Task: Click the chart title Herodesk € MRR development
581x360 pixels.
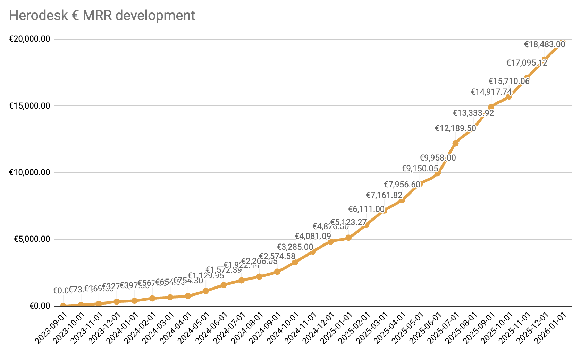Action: tap(102, 16)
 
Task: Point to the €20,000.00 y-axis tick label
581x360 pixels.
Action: tap(30, 39)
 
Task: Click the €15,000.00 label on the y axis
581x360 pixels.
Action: tap(30, 106)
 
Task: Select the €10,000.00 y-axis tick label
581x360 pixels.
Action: tap(30, 172)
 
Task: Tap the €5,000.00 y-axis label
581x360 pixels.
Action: tap(32, 239)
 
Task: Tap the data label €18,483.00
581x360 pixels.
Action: tap(545, 44)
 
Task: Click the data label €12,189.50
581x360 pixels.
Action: tap(455, 129)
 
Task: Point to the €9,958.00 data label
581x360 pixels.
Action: tap(438, 158)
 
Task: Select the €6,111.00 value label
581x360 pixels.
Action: tap(366, 209)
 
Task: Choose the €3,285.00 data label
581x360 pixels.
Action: tap(295, 247)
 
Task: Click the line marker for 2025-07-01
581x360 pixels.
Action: tap(455, 143)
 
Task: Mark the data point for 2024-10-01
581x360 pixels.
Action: tap(295, 262)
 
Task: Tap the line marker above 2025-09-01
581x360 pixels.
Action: tap(491, 107)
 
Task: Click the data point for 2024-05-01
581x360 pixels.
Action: tap(206, 291)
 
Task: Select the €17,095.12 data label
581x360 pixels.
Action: tap(527, 63)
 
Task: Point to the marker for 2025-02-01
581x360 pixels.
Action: tap(367, 224)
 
